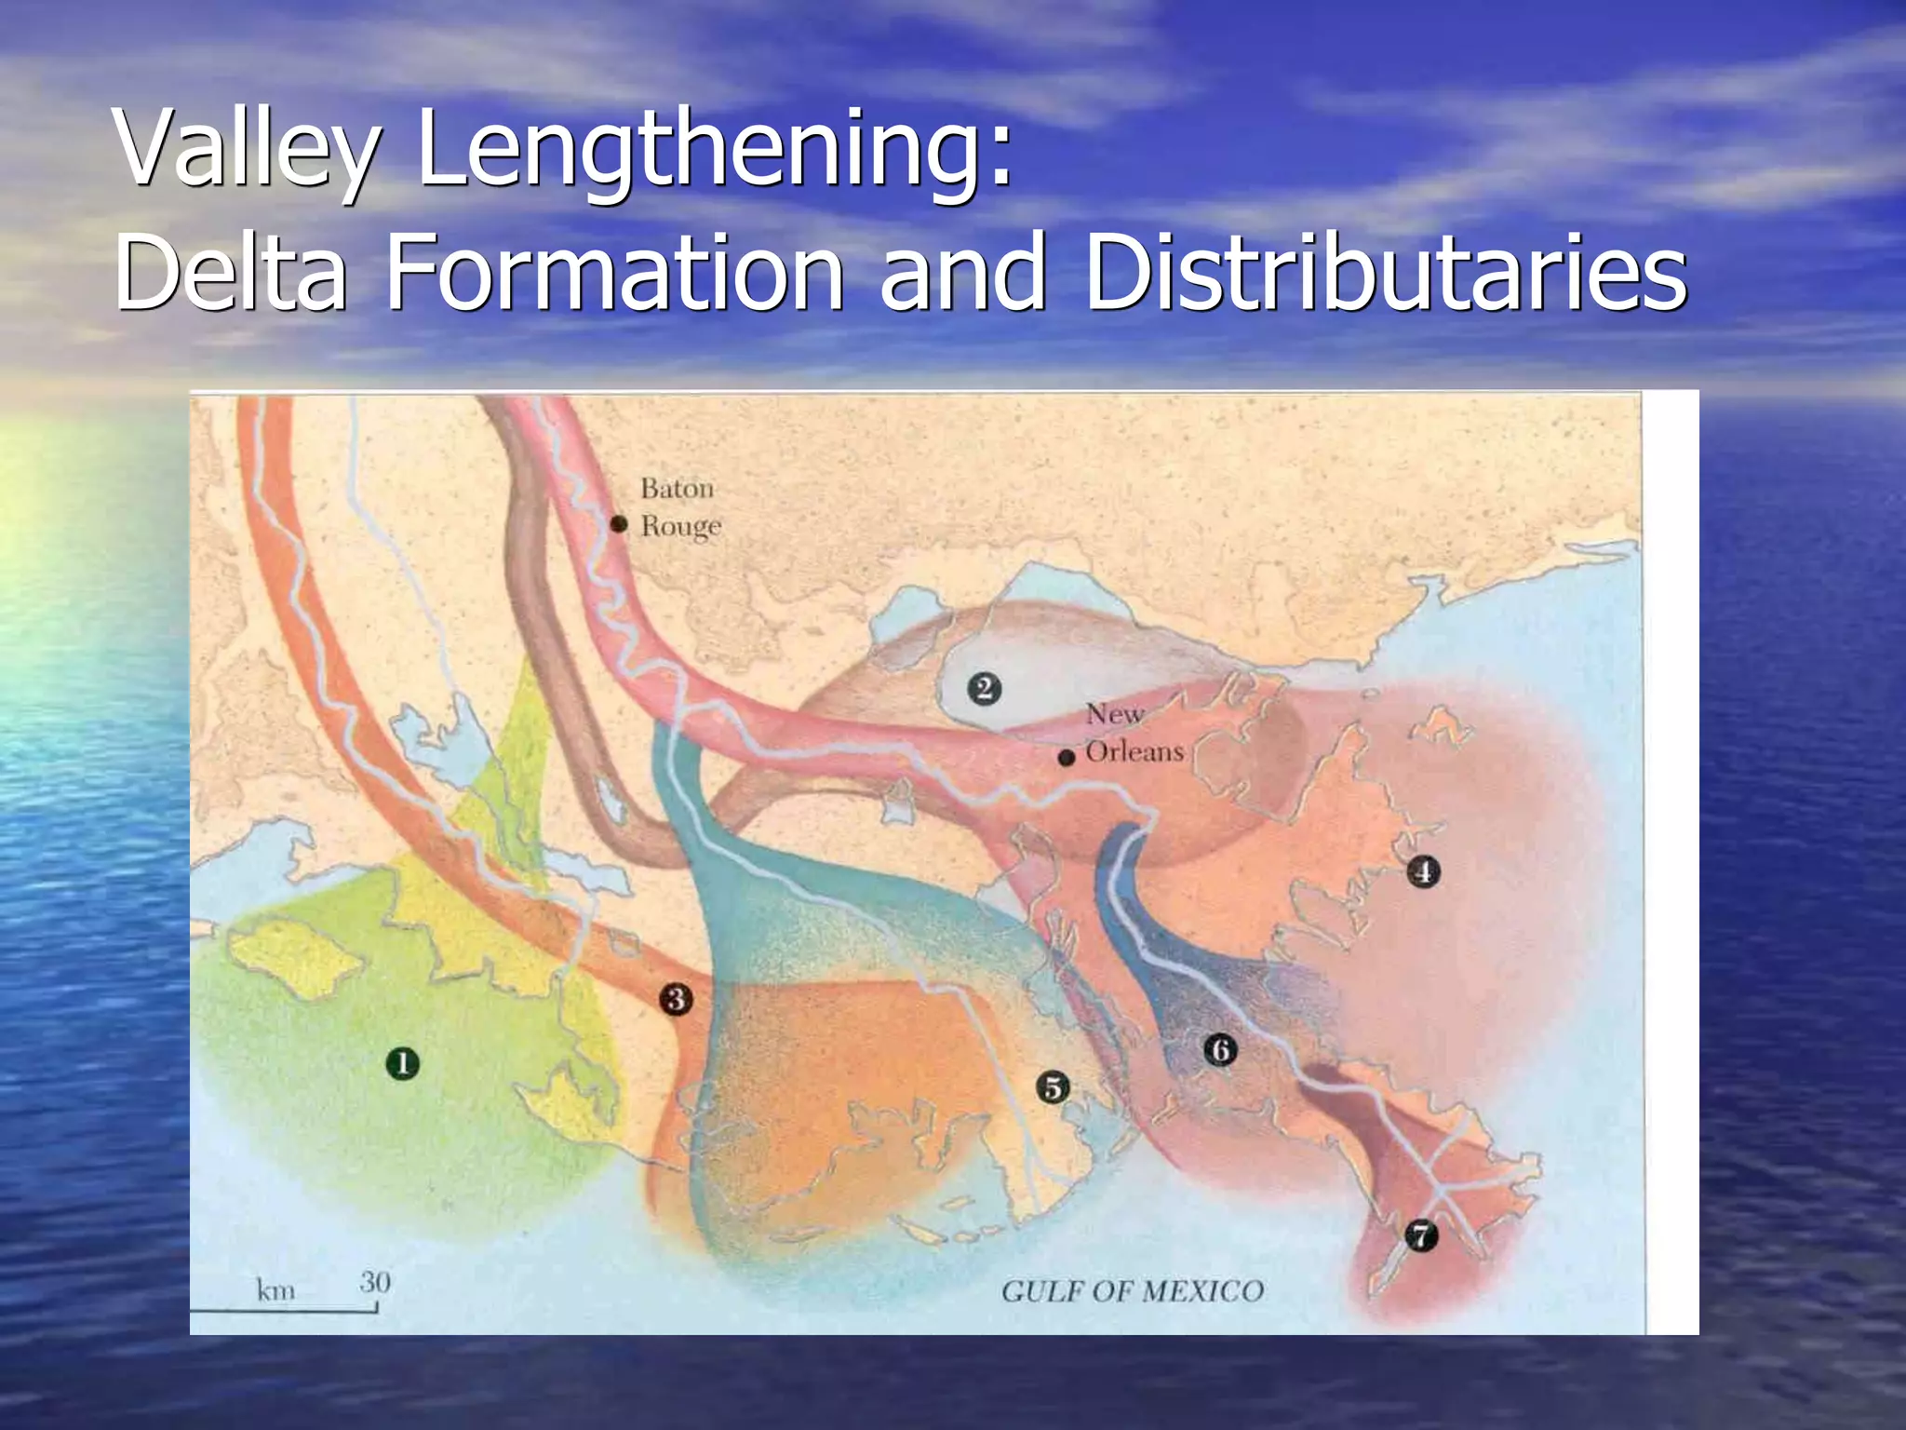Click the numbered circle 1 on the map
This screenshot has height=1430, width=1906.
(x=402, y=1063)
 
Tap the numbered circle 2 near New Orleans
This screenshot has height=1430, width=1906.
(x=984, y=689)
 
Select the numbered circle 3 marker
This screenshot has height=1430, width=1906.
(x=676, y=999)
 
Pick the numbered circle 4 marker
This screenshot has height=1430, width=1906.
(x=1423, y=871)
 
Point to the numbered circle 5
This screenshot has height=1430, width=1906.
(x=1053, y=1086)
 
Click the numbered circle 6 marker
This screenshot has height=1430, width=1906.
(x=1220, y=1050)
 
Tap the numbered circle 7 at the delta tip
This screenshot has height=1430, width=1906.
(x=1420, y=1235)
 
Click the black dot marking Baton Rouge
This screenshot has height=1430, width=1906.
(x=619, y=524)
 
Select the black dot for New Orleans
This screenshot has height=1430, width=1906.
(x=1067, y=758)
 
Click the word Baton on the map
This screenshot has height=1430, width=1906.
(x=678, y=488)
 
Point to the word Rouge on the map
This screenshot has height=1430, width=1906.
(x=681, y=527)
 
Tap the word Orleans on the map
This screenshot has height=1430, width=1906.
(x=1134, y=751)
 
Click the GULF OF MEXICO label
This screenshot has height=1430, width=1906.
(x=1133, y=1291)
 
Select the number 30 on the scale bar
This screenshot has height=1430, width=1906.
(x=375, y=1282)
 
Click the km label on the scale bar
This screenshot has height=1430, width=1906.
(x=275, y=1290)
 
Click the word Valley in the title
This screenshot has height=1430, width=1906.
(x=247, y=149)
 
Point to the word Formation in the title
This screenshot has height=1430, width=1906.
(x=614, y=272)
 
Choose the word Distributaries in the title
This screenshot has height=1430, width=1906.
(x=1385, y=272)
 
